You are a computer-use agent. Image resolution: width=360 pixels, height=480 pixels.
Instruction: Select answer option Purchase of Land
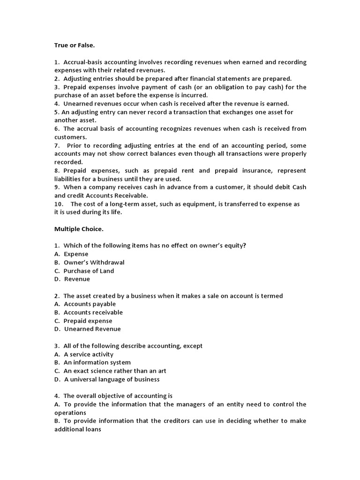tap(89, 271)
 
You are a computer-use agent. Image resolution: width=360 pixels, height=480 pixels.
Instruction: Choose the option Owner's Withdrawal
tap(94, 262)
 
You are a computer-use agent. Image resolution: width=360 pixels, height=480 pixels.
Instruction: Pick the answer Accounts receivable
tap(93, 312)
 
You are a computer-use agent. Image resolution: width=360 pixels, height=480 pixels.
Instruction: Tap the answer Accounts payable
tap(90, 304)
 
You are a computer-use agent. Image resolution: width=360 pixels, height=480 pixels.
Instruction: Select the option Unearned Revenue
tap(92, 329)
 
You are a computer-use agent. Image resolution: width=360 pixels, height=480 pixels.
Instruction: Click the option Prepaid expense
tap(88, 321)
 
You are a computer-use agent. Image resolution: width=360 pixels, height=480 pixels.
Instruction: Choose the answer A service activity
tap(89, 354)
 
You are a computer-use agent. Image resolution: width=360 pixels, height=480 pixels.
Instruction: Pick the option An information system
tap(97, 362)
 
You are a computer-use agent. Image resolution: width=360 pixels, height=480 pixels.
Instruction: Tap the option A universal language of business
tap(112, 379)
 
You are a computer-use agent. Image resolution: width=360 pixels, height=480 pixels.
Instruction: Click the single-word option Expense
tap(76, 254)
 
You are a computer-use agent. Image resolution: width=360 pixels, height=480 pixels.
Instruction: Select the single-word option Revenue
tap(77, 279)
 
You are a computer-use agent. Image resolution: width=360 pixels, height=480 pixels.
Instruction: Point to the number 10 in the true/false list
tap(58, 204)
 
